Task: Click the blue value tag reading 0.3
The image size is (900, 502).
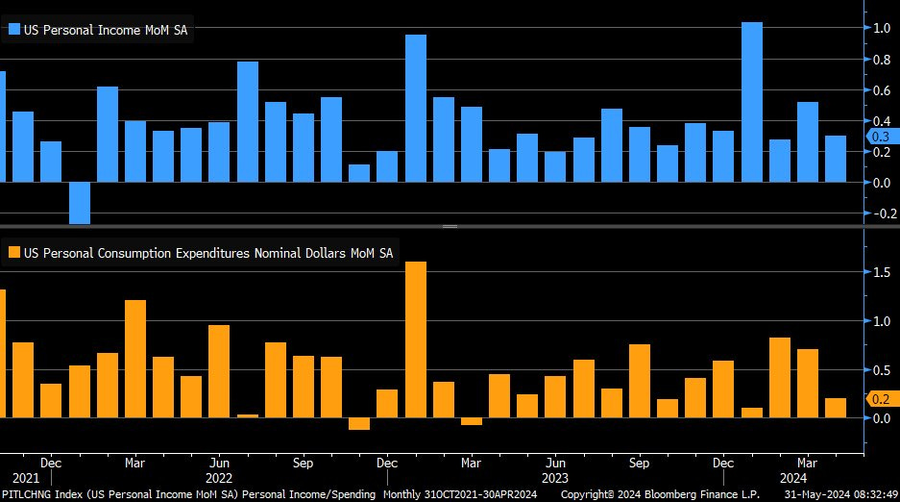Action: tap(880, 137)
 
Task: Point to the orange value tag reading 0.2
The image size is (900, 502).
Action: tap(880, 399)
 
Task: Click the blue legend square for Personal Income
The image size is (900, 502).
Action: tap(13, 30)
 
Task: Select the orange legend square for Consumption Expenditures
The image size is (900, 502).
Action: tap(13, 253)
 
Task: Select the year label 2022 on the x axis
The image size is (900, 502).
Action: tap(219, 477)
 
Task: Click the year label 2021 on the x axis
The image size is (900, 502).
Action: tap(26, 477)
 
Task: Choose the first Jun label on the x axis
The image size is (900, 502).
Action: tap(219, 462)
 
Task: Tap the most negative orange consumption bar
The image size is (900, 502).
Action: tap(359, 423)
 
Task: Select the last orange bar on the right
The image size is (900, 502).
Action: tap(836, 408)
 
